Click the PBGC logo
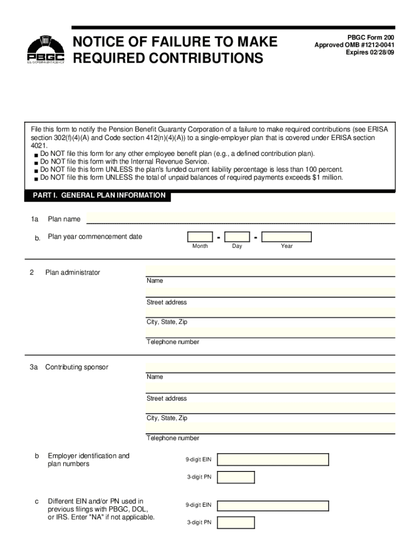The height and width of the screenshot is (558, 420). pyautogui.click(x=46, y=50)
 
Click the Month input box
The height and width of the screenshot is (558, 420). pyautogui.click(x=200, y=236)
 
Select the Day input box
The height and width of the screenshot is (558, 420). pyautogui.click(x=237, y=236)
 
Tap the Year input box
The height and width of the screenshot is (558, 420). pyautogui.click(x=286, y=236)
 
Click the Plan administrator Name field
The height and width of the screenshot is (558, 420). pyautogui.click(x=270, y=270)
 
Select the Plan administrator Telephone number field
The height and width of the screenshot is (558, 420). pyautogui.click(x=270, y=332)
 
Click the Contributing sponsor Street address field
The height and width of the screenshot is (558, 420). pyautogui.click(x=270, y=387)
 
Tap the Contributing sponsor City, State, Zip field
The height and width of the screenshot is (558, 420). pyautogui.click(x=270, y=408)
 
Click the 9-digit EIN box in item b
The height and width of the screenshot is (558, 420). pyautogui.click(x=273, y=459)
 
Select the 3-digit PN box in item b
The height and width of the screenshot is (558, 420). pyautogui.click(x=236, y=477)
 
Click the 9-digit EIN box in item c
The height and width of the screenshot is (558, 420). pyautogui.click(x=273, y=505)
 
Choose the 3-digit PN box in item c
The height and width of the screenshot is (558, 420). pyautogui.click(x=236, y=523)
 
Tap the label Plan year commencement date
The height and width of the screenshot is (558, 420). pyautogui.click(x=95, y=236)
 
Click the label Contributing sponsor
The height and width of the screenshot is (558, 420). pyautogui.click(x=76, y=367)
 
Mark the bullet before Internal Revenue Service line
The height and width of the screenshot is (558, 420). pyautogui.click(x=35, y=163)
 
